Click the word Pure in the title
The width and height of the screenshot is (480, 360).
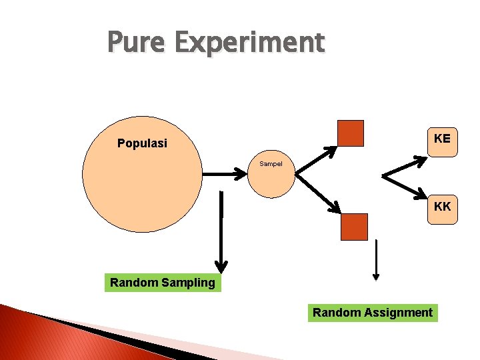(x=137, y=42)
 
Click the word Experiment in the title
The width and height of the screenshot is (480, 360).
(x=249, y=43)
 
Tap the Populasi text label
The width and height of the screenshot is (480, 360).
(x=142, y=143)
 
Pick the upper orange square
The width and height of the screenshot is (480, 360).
(x=351, y=133)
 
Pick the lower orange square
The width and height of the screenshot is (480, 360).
(x=354, y=227)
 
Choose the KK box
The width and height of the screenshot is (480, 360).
(x=442, y=207)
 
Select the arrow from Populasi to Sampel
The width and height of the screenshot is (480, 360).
(x=225, y=174)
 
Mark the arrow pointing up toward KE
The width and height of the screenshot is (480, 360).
(x=405, y=167)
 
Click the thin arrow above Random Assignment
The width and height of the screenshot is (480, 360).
(x=376, y=260)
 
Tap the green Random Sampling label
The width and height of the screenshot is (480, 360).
(x=163, y=283)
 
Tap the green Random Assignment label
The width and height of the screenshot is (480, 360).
(x=373, y=312)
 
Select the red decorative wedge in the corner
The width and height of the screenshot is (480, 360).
(x=40, y=340)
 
